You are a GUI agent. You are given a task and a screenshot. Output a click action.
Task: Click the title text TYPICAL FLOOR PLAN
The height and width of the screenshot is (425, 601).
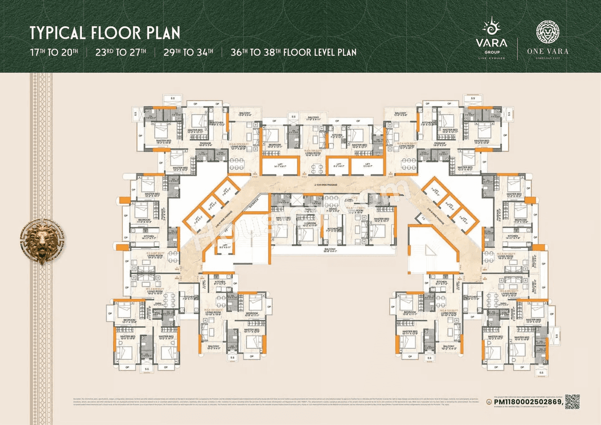[x=105, y=33]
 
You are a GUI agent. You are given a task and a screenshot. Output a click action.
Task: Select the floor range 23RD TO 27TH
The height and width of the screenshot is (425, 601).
[x=121, y=52]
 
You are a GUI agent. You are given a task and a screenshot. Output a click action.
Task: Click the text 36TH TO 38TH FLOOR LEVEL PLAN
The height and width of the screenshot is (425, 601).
[x=293, y=52]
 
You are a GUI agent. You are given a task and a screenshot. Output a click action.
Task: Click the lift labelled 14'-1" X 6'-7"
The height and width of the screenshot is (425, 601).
[x=279, y=165]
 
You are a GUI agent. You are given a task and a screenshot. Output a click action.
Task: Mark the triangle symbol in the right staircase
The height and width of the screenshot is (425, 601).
[x=428, y=247]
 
